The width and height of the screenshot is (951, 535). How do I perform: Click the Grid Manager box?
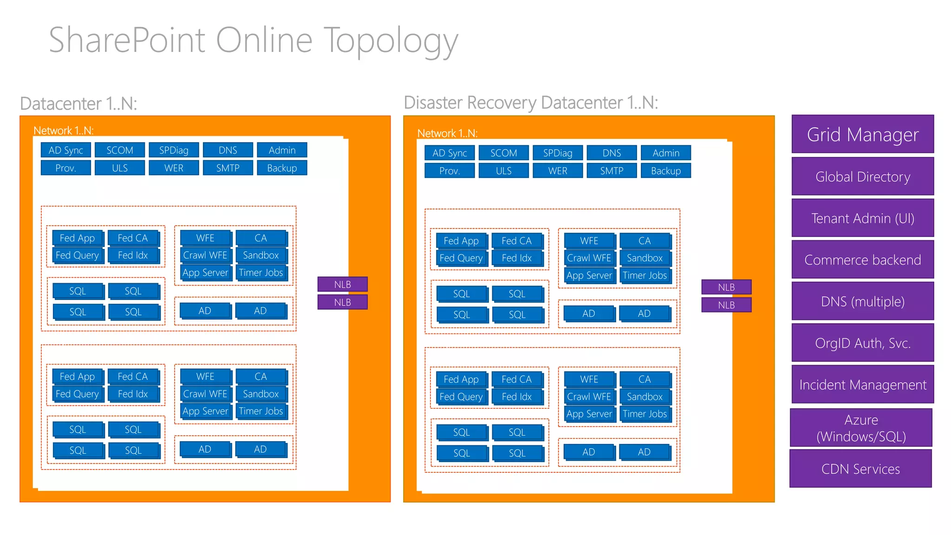tap(862, 134)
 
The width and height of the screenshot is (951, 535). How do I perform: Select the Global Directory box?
tap(862, 176)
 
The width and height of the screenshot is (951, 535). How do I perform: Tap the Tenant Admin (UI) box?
tap(862, 218)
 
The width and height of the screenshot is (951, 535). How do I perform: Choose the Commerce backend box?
tap(862, 260)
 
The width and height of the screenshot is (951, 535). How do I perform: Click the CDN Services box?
tap(860, 469)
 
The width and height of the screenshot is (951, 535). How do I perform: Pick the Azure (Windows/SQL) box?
tap(860, 428)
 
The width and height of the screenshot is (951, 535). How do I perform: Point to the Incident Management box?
tap(862, 385)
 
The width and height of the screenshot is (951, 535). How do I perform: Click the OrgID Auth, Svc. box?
tap(862, 343)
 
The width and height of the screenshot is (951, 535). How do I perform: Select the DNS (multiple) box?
tap(862, 301)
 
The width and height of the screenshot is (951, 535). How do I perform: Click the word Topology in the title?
tap(390, 41)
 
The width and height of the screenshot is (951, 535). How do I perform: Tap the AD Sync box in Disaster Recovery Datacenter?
tap(449, 153)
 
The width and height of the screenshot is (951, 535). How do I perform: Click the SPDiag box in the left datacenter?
tap(174, 150)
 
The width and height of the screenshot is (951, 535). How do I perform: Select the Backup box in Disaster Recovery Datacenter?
tap(665, 170)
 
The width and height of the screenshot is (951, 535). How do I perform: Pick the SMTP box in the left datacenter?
tap(228, 168)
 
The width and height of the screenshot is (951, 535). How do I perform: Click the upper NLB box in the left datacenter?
tap(342, 284)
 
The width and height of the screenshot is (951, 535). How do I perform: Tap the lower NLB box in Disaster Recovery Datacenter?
tap(726, 305)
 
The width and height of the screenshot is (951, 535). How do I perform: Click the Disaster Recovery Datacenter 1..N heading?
tap(531, 103)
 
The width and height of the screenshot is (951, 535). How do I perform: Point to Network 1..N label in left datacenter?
tap(64, 130)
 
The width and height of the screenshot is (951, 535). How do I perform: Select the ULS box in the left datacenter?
tap(119, 168)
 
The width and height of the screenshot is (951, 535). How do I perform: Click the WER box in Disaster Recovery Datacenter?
tap(557, 170)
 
